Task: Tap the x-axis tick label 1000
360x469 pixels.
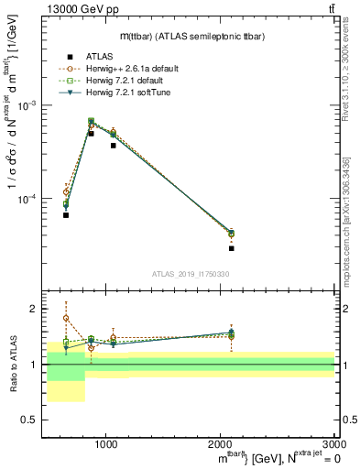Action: click(106, 442)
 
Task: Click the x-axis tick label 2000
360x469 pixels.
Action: click(221, 442)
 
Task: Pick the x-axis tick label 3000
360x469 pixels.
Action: click(334, 442)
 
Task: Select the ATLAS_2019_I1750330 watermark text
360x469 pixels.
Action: click(190, 274)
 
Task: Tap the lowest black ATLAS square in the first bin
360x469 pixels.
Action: click(66, 215)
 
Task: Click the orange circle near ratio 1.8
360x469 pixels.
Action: click(66, 319)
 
